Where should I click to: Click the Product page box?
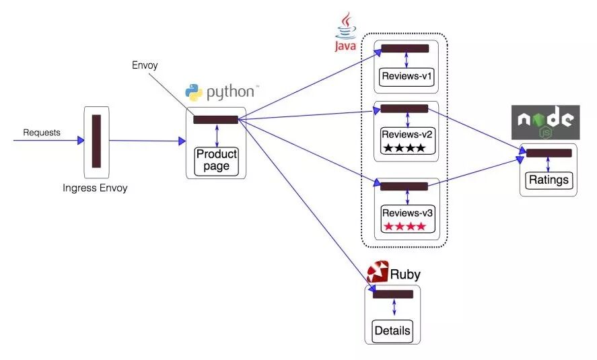pos(217,161)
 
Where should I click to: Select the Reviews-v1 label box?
pos(407,76)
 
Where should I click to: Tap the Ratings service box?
pos(549,180)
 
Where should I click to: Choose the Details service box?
pos(392,331)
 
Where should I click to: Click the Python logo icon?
pos(194,93)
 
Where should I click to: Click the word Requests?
pos(42,133)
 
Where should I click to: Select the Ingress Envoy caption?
pos(95,188)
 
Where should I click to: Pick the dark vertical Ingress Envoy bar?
pos(96,141)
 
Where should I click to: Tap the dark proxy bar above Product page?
pos(215,120)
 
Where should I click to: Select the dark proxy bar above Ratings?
pos(549,153)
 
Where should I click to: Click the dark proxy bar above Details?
pos(392,294)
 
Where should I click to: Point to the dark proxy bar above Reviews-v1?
pos(405,48)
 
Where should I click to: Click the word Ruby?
pos(405,275)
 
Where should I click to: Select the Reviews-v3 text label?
pos(407,212)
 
